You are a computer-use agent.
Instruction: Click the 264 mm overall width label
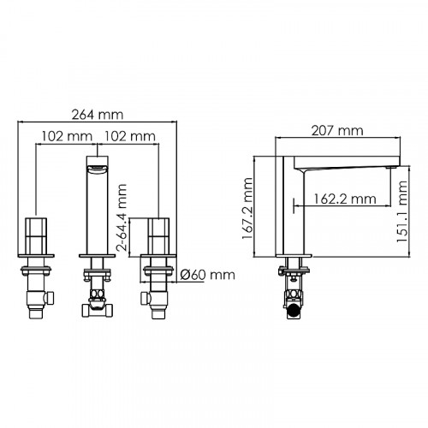96,114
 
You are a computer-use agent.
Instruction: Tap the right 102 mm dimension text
128,135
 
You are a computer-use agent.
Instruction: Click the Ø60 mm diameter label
209,275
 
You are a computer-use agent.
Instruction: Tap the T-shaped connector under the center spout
97,306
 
